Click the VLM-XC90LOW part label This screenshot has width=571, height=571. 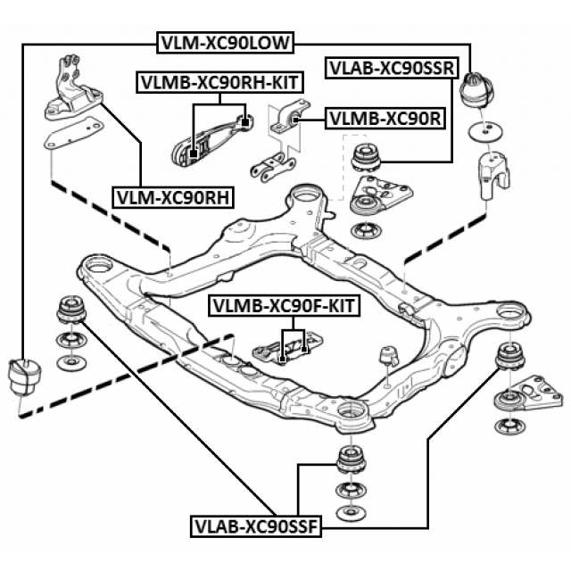coord(227,42)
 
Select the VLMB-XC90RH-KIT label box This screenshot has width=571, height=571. coord(219,83)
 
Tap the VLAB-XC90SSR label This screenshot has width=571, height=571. coord(392,66)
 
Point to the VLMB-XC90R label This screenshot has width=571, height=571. coord(385,117)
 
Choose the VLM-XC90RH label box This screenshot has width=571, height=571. coord(172,196)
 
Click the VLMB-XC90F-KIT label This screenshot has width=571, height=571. coord(284,306)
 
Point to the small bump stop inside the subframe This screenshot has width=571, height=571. coord(389,354)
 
